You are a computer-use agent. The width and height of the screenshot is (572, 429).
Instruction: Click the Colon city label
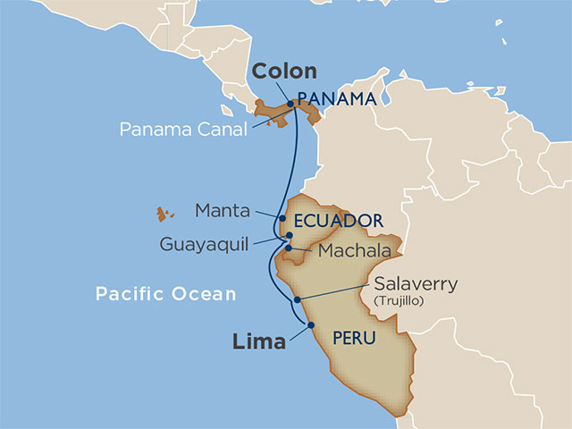click(x=284, y=72)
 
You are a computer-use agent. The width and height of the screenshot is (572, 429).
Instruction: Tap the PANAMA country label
click(x=335, y=98)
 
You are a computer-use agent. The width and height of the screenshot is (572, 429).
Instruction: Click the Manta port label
click(x=223, y=211)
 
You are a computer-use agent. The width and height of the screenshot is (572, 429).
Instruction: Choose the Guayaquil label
click(x=205, y=243)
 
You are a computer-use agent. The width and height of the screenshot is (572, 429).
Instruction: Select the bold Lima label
click(x=260, y=341)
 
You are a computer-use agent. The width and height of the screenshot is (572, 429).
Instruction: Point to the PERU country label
click(x=352, y=338)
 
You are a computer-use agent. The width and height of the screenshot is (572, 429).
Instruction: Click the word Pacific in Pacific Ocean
click(x=133, y=293)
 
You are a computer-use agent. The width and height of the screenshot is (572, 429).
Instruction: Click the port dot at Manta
click(x=282, y=218)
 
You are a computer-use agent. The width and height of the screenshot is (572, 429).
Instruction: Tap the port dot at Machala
click(x=289, y=248)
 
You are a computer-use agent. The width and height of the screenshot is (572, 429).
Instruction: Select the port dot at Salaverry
click(x=296, y=300)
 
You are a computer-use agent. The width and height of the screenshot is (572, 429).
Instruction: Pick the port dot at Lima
click(x=311, y=325)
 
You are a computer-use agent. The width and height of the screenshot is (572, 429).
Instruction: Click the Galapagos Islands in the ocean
click(x=164, y=214)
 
